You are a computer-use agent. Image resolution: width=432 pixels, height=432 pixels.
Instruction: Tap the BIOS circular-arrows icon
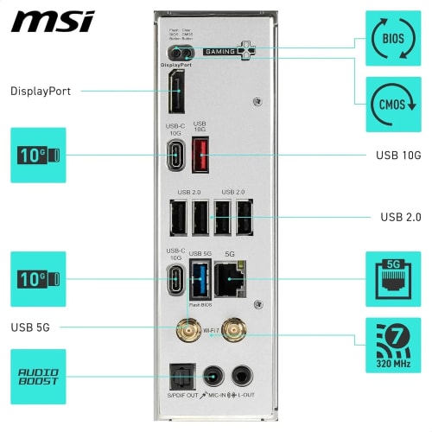(392, 39)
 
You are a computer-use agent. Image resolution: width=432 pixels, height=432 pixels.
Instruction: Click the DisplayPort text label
(41, 91)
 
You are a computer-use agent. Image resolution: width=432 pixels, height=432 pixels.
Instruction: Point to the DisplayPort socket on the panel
(176, 95)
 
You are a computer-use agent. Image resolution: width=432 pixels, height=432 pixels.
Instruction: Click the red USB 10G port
(200, 155)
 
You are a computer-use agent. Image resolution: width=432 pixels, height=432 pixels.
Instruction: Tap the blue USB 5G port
(200, 280)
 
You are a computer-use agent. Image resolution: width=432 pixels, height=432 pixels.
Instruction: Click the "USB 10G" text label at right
(399, 156)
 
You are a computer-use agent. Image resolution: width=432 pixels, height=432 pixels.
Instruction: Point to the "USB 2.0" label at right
(401, 218)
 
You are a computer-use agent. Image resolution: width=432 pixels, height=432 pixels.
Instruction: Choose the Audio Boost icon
(37, 377)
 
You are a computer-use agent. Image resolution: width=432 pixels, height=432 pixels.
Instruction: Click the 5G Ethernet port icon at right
(392, 278)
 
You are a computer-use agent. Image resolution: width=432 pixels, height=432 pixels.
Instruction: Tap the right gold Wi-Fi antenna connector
(232, 329)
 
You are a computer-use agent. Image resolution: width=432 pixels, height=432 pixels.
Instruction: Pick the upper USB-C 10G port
(175, 156)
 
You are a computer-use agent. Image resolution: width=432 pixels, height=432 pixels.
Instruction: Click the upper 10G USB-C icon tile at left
(37, 156)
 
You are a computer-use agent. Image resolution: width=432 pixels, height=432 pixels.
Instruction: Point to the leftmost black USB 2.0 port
(177, 218)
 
